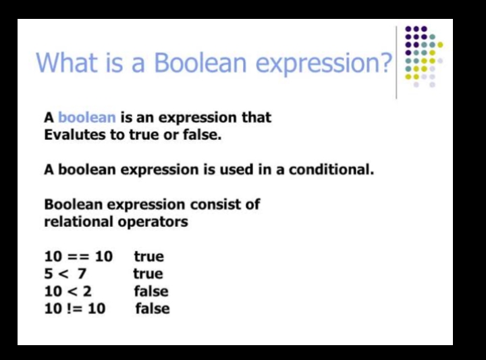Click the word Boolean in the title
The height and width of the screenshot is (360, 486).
pyautogui.click(x=200, y=62)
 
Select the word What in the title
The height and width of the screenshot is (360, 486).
pyautogui.click(x=67, y=62)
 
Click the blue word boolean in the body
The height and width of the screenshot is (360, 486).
pyautogui.click(x=87, y=118)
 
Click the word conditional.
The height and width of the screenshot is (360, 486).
pyautogui.click(x=331, y=170)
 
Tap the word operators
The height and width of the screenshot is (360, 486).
pyautogui.click(x=153, y=222)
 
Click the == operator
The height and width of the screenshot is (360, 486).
pyautogui.click(x=78, y=257)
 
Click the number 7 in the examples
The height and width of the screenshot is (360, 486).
pyautogui.click(x=82, y=274)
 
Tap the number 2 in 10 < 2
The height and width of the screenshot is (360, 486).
pyautogui.click(x=87, y=291)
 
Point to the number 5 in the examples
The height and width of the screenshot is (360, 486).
pyautogui.click(x=49, y=274)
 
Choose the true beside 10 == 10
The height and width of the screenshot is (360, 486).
pyautogui.click(x=148, y=257)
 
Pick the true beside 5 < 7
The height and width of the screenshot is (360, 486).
pyautogui.click(x=148, y=274)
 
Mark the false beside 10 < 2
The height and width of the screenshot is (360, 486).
pyautogui.click(x=151, y=291)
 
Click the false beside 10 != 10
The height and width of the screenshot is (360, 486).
pyautogui.click(x=153, y=309)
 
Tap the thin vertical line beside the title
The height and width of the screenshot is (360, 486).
pyautogui.click(x=396, y=62)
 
